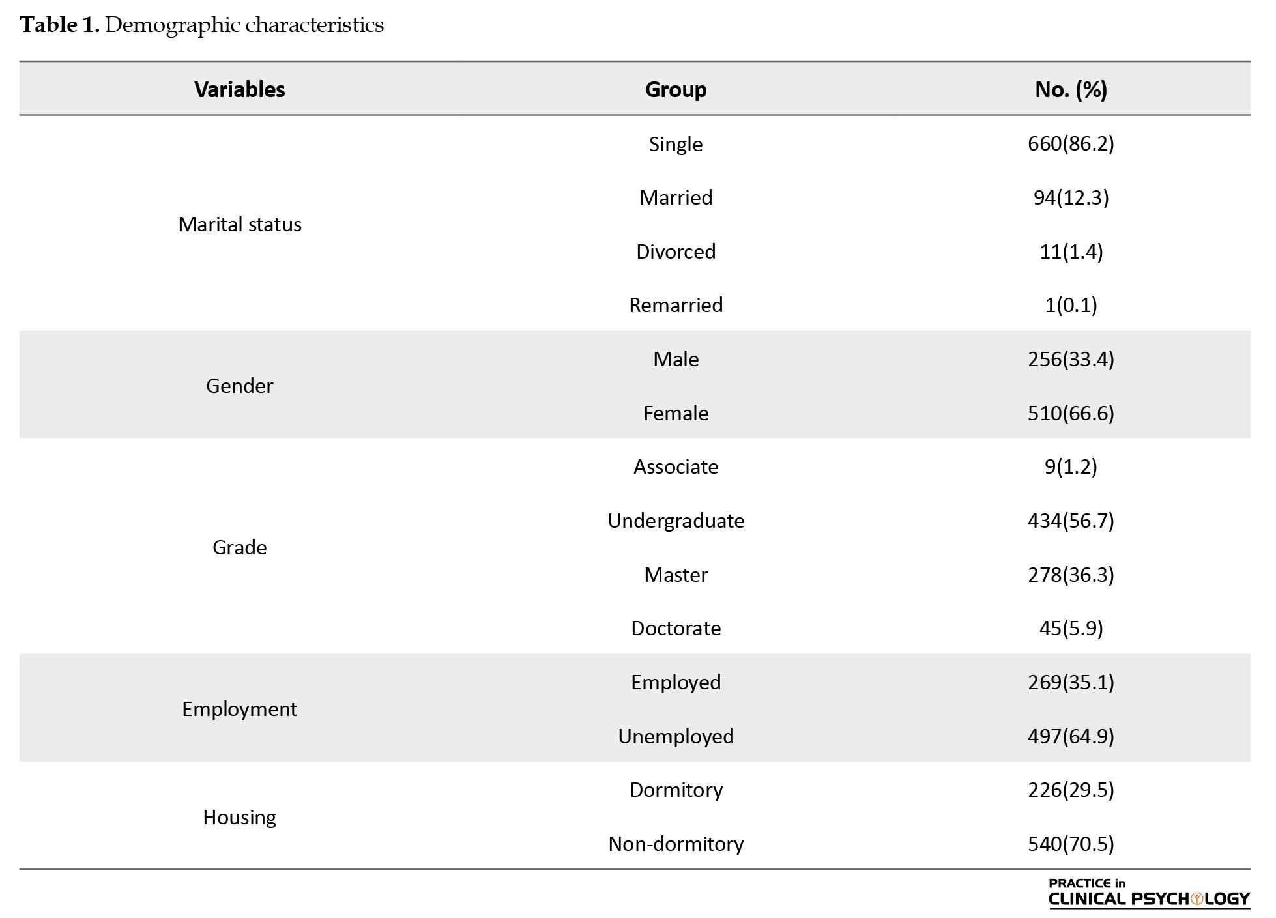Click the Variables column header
239,89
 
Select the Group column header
675,89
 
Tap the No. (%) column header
1071,89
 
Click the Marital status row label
239,224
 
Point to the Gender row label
239,386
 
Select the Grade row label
239,547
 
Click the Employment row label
239,709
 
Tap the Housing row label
239,817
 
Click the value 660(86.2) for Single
1071,143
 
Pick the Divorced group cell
675,251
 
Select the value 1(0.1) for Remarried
1071,305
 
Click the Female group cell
675,413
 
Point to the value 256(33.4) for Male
1071,359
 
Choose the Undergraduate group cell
675,521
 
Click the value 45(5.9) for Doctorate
1071,628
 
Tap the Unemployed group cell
675,736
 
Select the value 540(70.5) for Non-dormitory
1071,844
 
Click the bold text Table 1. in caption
59,25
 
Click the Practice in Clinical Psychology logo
1149,893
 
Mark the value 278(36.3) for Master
1071,575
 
